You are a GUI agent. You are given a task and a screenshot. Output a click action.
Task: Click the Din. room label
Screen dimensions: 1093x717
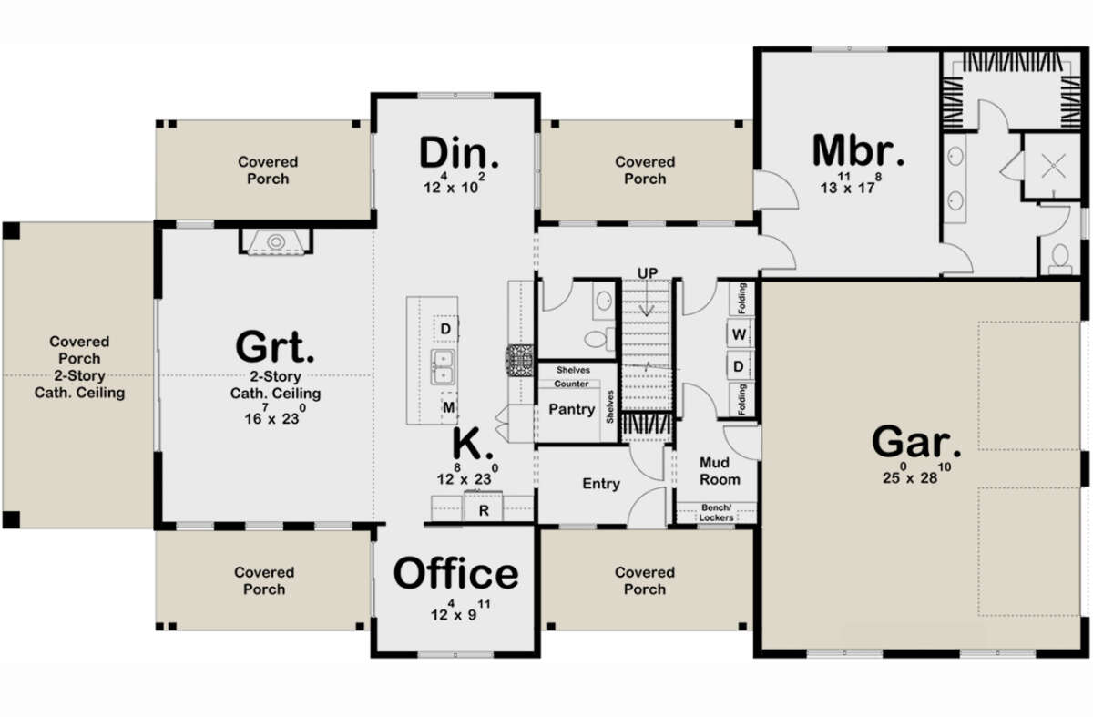459,153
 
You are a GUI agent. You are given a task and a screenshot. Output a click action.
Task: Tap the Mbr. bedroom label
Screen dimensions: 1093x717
858,150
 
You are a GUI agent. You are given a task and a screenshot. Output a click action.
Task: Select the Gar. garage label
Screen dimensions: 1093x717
916,442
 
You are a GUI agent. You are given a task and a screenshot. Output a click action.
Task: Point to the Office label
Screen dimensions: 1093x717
455,574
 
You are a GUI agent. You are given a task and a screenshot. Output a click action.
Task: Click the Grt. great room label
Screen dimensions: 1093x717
275,346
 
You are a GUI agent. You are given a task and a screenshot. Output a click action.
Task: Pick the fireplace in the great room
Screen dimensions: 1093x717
276,241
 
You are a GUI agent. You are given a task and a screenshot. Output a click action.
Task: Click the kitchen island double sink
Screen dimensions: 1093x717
443,367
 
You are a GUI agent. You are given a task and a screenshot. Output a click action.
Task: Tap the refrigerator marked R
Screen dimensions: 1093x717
483,507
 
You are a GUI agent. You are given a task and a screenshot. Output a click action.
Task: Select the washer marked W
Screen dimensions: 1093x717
739,334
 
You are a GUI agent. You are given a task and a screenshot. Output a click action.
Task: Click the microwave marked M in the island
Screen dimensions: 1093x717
449,406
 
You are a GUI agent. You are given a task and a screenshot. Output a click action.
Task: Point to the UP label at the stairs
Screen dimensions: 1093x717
647,273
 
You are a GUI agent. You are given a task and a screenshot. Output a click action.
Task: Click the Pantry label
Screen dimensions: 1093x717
571,409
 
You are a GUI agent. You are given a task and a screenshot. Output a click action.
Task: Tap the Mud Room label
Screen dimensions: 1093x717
720,471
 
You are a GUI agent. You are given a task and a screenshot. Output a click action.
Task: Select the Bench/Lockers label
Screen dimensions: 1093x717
716,513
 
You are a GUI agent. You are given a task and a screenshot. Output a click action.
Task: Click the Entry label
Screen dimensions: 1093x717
601,483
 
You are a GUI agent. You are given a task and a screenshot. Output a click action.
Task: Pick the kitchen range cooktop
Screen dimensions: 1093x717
520,361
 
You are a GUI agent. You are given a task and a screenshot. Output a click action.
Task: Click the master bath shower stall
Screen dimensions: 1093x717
1052,166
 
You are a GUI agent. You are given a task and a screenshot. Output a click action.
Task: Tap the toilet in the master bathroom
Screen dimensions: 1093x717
1060,260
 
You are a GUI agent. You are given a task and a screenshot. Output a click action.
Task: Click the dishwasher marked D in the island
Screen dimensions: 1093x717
445,329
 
